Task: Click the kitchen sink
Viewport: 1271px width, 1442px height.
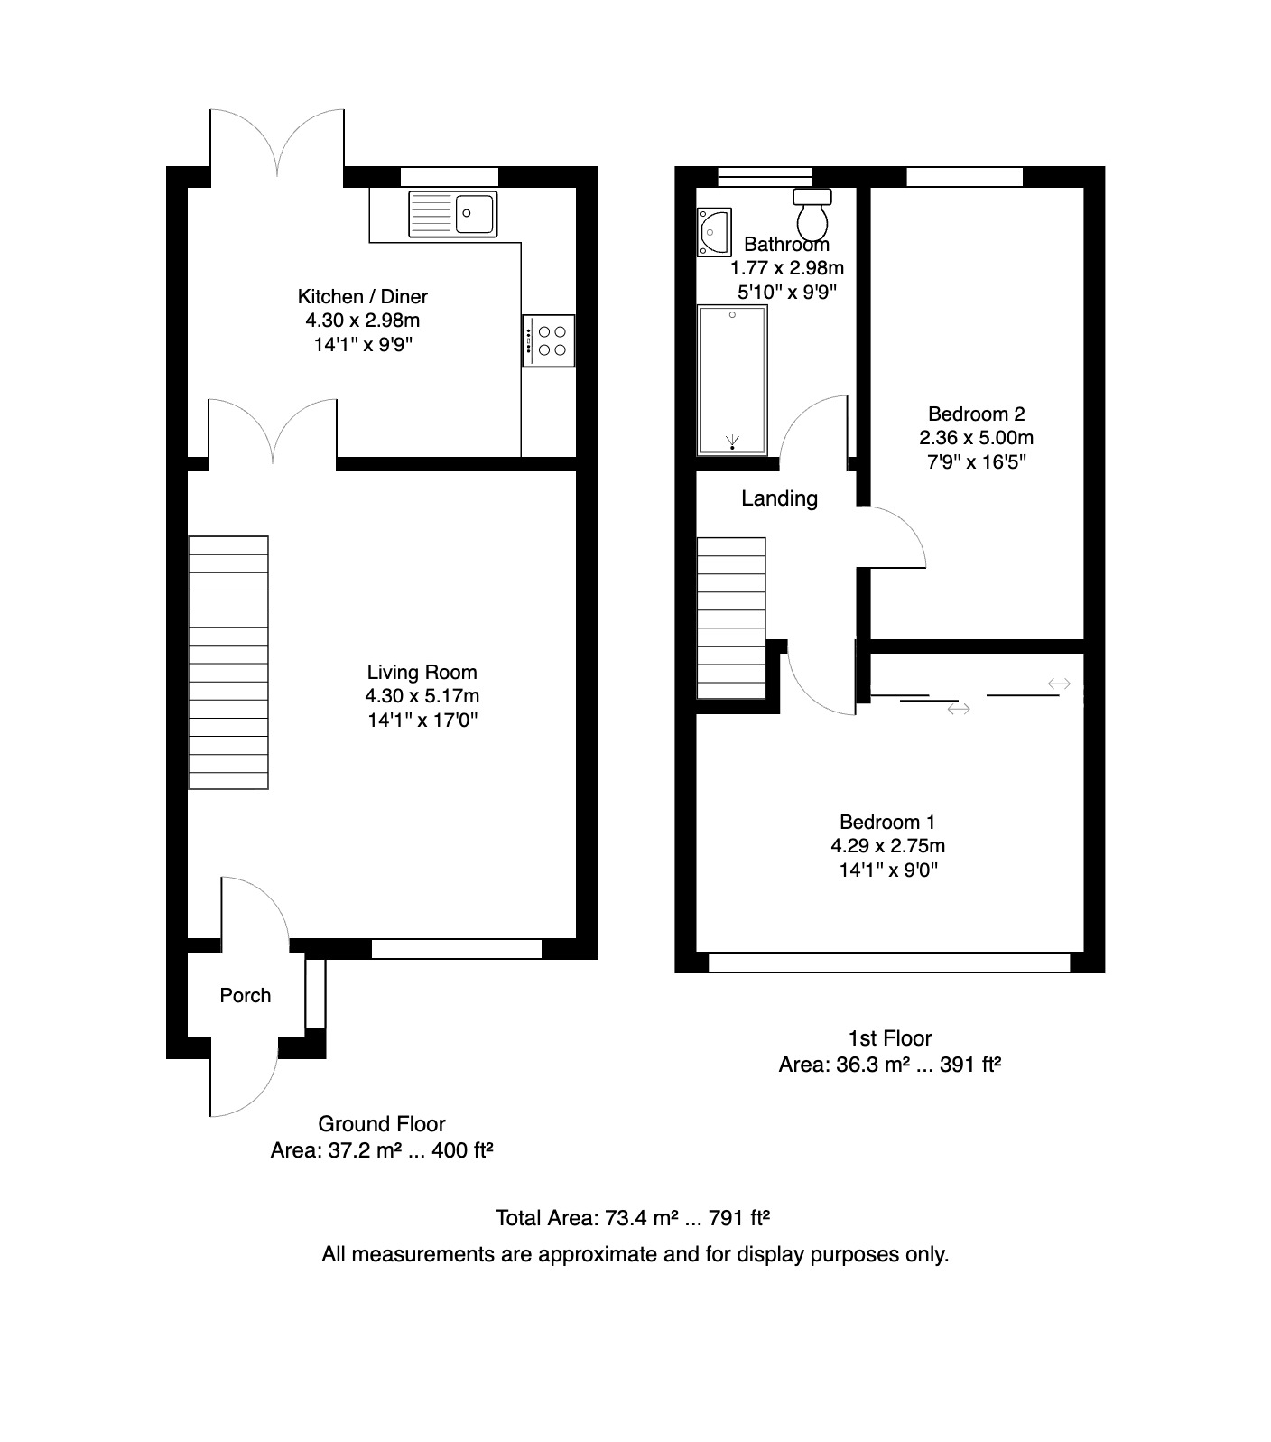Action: click(x=452, y=214)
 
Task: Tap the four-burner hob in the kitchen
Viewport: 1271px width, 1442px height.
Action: click(x=548, y=340)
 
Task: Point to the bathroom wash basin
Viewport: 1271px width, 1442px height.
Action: click(x=714, y=232)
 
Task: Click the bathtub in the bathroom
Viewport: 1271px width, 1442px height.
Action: click(x=732, y=379)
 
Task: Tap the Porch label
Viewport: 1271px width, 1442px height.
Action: click(x=246, y=995)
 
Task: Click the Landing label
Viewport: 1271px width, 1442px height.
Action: click(x=780, y=498)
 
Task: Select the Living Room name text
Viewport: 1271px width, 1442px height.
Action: click(x=422, y=672)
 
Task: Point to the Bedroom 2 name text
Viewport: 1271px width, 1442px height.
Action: click(x=977, y=414)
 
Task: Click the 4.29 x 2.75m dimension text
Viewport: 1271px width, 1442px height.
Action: click(x=888, y=846)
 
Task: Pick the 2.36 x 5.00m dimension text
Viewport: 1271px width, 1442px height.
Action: click(x=977, y=438)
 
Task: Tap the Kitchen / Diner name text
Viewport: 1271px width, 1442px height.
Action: click(x=363, y=296)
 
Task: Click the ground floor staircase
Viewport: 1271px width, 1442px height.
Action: click(x=228, y=663)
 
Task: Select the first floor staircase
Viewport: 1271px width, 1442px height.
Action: click(x=731, y=618)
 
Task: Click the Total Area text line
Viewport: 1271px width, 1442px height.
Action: click(x=633, y=1218)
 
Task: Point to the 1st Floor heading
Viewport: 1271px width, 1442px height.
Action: click(x=890, y=1038)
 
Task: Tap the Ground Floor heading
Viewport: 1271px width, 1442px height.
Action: click(x=382, y=1124)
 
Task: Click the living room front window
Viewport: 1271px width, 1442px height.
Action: click(x=457, y=949)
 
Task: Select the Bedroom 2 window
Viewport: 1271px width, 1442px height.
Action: click(x=965, y=177)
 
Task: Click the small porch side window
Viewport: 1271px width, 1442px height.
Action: click(x=315, y=993)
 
